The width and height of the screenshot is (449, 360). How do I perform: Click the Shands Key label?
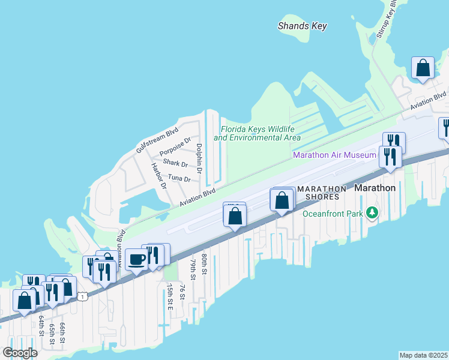point(302,26)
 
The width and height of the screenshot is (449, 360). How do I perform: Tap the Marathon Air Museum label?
point(334,155)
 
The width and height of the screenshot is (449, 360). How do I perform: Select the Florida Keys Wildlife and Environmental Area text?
point(258,133)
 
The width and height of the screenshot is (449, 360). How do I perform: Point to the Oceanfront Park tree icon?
point(372,213)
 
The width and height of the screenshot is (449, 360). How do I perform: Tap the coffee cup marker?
point(137,259)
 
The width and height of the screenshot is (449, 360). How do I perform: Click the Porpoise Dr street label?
point(175,149)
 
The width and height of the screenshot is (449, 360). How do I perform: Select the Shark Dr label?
point(175,163)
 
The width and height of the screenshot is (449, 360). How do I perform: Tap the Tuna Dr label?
point(179,178)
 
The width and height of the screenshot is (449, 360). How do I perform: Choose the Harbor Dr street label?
point(158,176)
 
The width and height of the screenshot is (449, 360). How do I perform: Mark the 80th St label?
point(204,264)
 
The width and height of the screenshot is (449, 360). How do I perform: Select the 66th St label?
point(62,333)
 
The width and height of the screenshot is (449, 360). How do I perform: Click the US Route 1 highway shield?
point(83,296)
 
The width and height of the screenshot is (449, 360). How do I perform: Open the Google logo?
point(20,352)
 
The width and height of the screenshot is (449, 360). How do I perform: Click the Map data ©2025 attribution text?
point(423,355)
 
